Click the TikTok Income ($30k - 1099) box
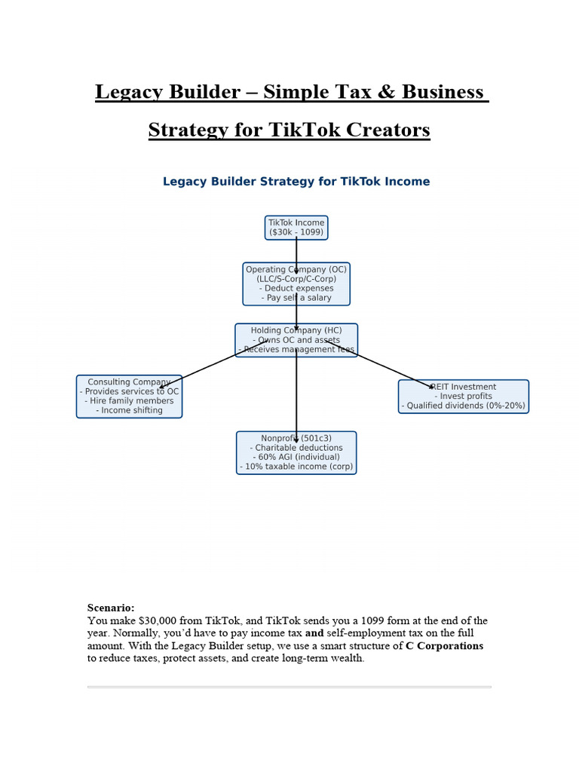tap(296, 228)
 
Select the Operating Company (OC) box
tap(296, 283)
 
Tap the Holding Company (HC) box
tap(296, 340)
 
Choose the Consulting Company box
tap(129, 397)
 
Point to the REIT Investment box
tap(463, 397)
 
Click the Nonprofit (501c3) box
tap(296, 452)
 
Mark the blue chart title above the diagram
tap(296, 182)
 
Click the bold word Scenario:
tap(111, 608)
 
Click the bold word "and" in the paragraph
tap(314, 633)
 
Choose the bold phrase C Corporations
tap(444, 646)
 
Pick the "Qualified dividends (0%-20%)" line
tap(464, 406)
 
